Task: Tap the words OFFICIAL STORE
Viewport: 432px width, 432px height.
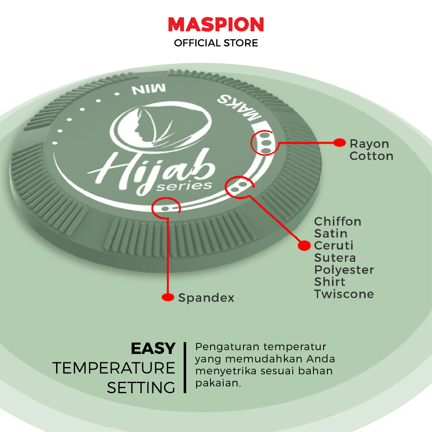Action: click(x=216, y=43)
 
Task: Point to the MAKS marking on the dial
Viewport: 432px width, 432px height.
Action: click(x=239, y=108)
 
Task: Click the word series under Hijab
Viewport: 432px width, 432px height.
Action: click(x=184, y=186)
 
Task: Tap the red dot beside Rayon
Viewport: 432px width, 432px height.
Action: click(x=340, y=143)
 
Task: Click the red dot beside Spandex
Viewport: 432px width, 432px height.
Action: click(x=168, y=297)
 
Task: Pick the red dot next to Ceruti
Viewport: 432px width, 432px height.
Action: click(x=304, y=245)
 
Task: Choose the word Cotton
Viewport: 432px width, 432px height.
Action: click(x=371, y=156)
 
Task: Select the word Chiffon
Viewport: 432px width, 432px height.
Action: click(x=337, y=221)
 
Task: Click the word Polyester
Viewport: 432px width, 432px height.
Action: click(x=344, y=270)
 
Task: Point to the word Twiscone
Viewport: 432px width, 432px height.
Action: click(x=344, y=294)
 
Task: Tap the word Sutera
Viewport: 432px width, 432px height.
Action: click(x=335, y=258)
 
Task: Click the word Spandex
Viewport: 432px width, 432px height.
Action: click(x=206, y=298)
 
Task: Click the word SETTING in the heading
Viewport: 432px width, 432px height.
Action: click(x=141, y=388)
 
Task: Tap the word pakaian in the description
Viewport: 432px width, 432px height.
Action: click(x=218, y=383)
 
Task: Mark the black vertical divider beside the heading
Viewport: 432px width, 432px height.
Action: click(x=185, y=367)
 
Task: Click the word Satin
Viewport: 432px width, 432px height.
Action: click(x=331, y=234)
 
